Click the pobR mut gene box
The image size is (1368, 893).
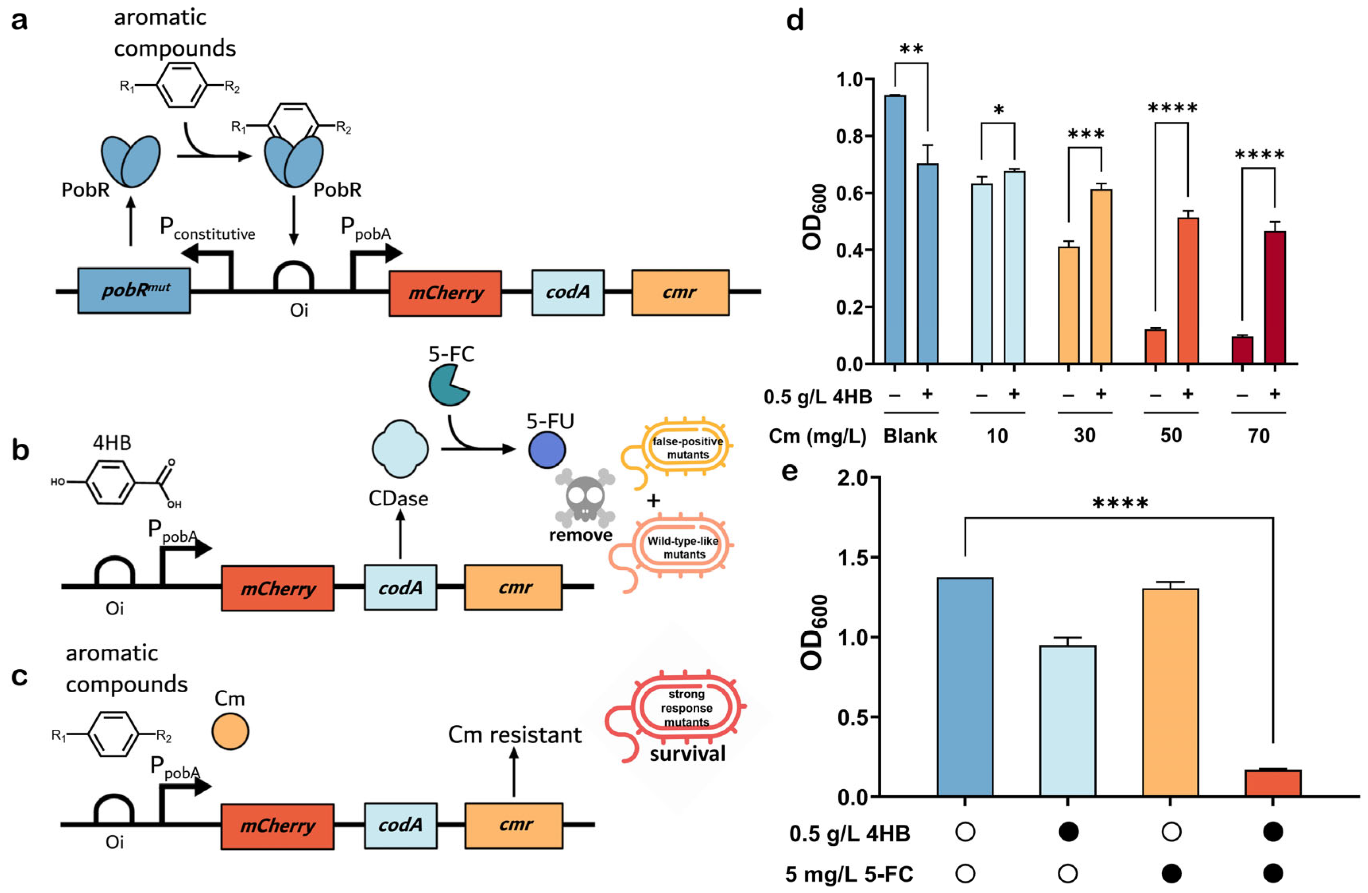click(134, 290)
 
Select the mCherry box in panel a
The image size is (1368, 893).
click(445, 293)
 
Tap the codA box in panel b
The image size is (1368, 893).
click(400, 587)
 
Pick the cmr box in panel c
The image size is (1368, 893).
click(513, 825)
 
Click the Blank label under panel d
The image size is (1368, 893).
click(910, 436)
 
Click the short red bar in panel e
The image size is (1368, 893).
click(1273, 783)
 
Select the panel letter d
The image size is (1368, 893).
click(795, 21)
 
